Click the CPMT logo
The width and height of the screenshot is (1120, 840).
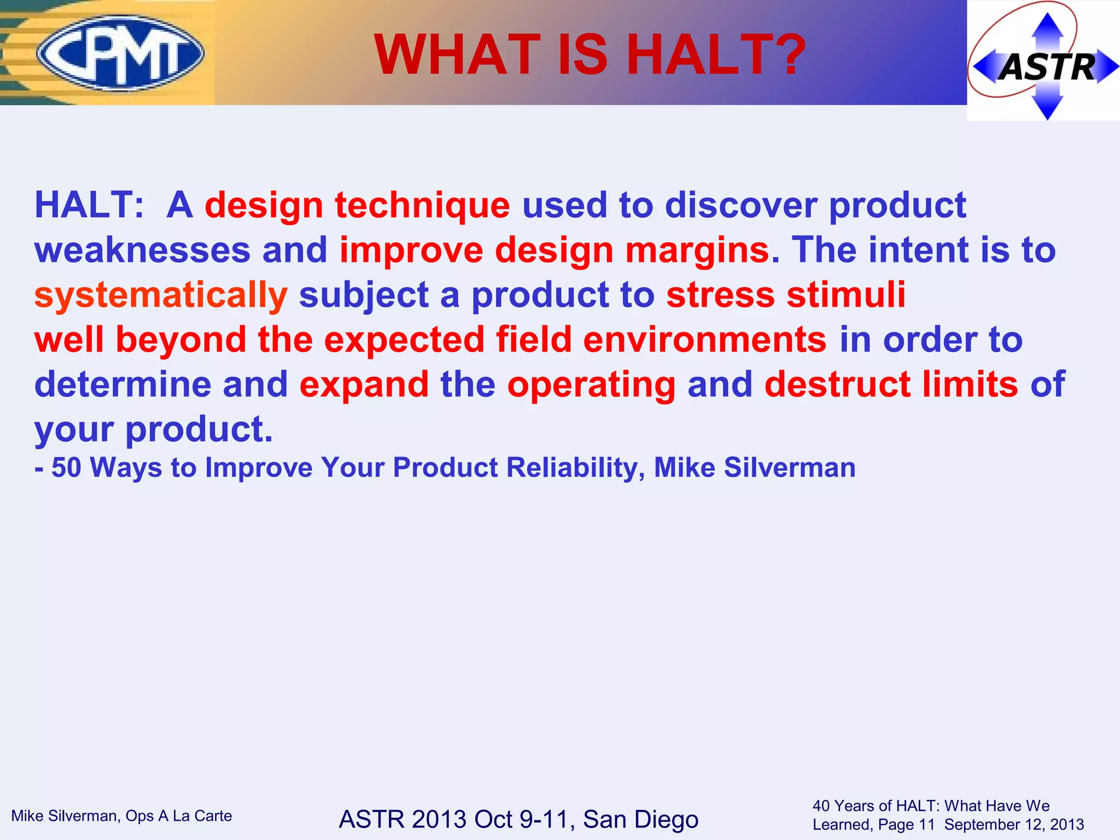coord(120,53)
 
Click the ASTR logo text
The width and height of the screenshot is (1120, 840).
coord(1047,67)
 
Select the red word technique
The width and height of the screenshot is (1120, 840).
coord(422,206)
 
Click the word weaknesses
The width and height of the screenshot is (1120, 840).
coord(142,250)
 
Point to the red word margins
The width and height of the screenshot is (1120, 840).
coord(698,251)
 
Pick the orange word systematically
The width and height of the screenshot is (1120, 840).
coord(161,296)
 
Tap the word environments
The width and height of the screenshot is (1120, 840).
coord(705,340)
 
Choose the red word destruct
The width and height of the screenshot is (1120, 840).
coord(837,384)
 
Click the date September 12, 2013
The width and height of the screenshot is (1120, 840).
coord(1014,825)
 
